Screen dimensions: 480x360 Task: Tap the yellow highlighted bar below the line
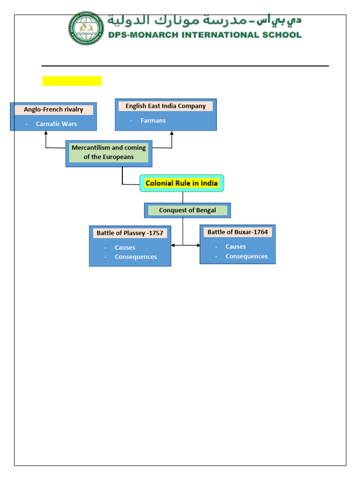(72, 81)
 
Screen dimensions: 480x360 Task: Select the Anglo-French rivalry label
(53, 110)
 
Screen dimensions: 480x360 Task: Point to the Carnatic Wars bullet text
(56, 124)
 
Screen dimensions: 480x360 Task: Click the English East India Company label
(165, 106)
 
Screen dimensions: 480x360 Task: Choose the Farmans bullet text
(153, 121)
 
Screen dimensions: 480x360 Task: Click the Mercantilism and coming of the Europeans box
(109, 153)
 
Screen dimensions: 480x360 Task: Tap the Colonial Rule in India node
(182, 183)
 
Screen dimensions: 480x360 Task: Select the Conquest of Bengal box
(187, 210)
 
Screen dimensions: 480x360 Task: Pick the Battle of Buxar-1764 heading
(238, 232)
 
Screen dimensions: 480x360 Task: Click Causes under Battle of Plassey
(125, 247)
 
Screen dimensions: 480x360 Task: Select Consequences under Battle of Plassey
(136, 257)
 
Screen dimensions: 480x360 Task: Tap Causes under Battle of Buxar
(235, 247)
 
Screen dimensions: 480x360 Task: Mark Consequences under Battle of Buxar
(247, 256)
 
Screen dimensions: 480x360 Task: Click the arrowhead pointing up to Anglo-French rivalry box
(46, 133)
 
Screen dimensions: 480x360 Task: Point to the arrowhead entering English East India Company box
(172, 133)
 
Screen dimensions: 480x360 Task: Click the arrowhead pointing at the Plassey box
(173, 245)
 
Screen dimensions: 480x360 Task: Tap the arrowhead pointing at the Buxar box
(198, 245)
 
